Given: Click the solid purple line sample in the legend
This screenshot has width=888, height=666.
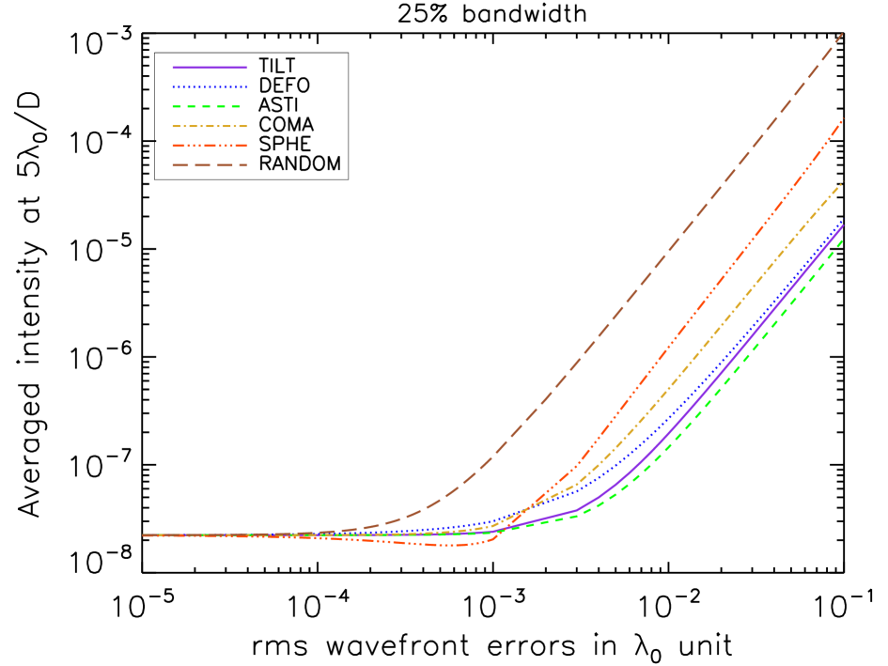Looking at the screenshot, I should tap(210, 68).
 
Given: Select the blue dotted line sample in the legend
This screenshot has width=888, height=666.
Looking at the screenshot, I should tap(210, 87).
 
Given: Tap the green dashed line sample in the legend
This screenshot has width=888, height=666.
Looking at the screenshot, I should tap(210, 107).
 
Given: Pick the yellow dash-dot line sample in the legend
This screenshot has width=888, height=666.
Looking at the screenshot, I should tap(210, 126).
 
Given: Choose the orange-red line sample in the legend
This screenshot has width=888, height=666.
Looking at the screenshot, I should tap(210, 146).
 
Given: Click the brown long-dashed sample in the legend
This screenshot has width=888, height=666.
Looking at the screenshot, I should tap(210, 165).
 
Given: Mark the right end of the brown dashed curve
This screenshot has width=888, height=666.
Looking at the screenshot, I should tap(842, 34).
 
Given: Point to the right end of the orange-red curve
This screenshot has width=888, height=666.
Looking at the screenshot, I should tap(842, 118).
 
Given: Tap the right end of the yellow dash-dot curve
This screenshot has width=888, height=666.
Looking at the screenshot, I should tap(842, 183).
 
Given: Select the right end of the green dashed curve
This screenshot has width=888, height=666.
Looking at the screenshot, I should tap(842, 240).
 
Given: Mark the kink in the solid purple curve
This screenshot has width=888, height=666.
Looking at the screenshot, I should tap(574, 511).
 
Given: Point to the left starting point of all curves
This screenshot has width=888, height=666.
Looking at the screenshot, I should tap(144, 535).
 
